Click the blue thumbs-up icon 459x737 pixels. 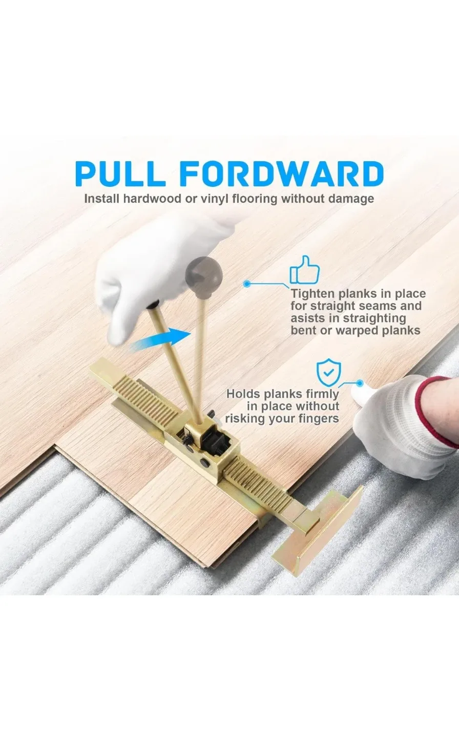304,270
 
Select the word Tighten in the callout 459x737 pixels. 313,294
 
